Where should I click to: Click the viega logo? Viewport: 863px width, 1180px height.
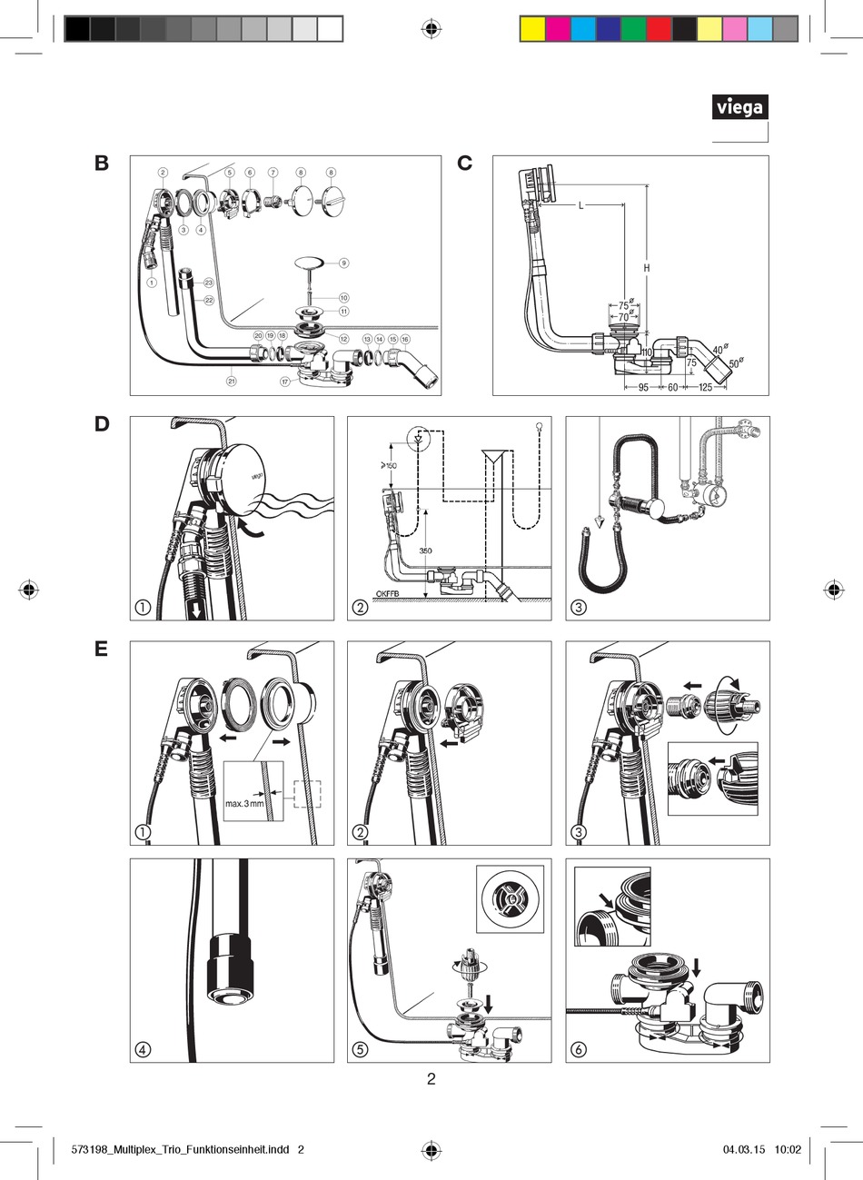click(x=739, y=108)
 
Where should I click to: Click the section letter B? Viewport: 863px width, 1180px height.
click(x=102, y=164)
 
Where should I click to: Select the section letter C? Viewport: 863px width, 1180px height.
click(x=465, y=164)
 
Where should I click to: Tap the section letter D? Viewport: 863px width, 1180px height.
click(x=102, y=424)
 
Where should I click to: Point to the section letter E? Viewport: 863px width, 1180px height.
click(x=101, y=649)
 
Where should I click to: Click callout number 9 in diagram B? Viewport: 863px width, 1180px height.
click(x=343, y=263)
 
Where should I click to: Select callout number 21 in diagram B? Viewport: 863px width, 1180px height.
click(x=232, y=382)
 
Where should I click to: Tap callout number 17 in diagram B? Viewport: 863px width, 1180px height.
click(x=284, y=382)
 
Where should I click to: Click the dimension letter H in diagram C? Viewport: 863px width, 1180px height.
click(x=647, y=268)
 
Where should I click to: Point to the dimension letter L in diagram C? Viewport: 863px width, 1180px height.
click(x=581, y=206)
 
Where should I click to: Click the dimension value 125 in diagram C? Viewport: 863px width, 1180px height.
click(x=705, y=388)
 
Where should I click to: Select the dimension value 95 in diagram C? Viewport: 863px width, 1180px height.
click(x=642, y=388)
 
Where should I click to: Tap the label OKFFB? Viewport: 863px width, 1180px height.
click(x=389, y=595)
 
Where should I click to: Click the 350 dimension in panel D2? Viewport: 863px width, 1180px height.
click(x=425, y=551)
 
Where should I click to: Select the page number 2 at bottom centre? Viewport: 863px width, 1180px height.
click(x=431, y=1080)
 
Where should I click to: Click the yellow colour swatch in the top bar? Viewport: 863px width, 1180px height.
click(x=531, y=30)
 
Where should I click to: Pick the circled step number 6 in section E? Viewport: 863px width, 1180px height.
click(x=579, y=1050)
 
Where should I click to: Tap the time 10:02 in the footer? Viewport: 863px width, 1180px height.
click(x=788, y=1149)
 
